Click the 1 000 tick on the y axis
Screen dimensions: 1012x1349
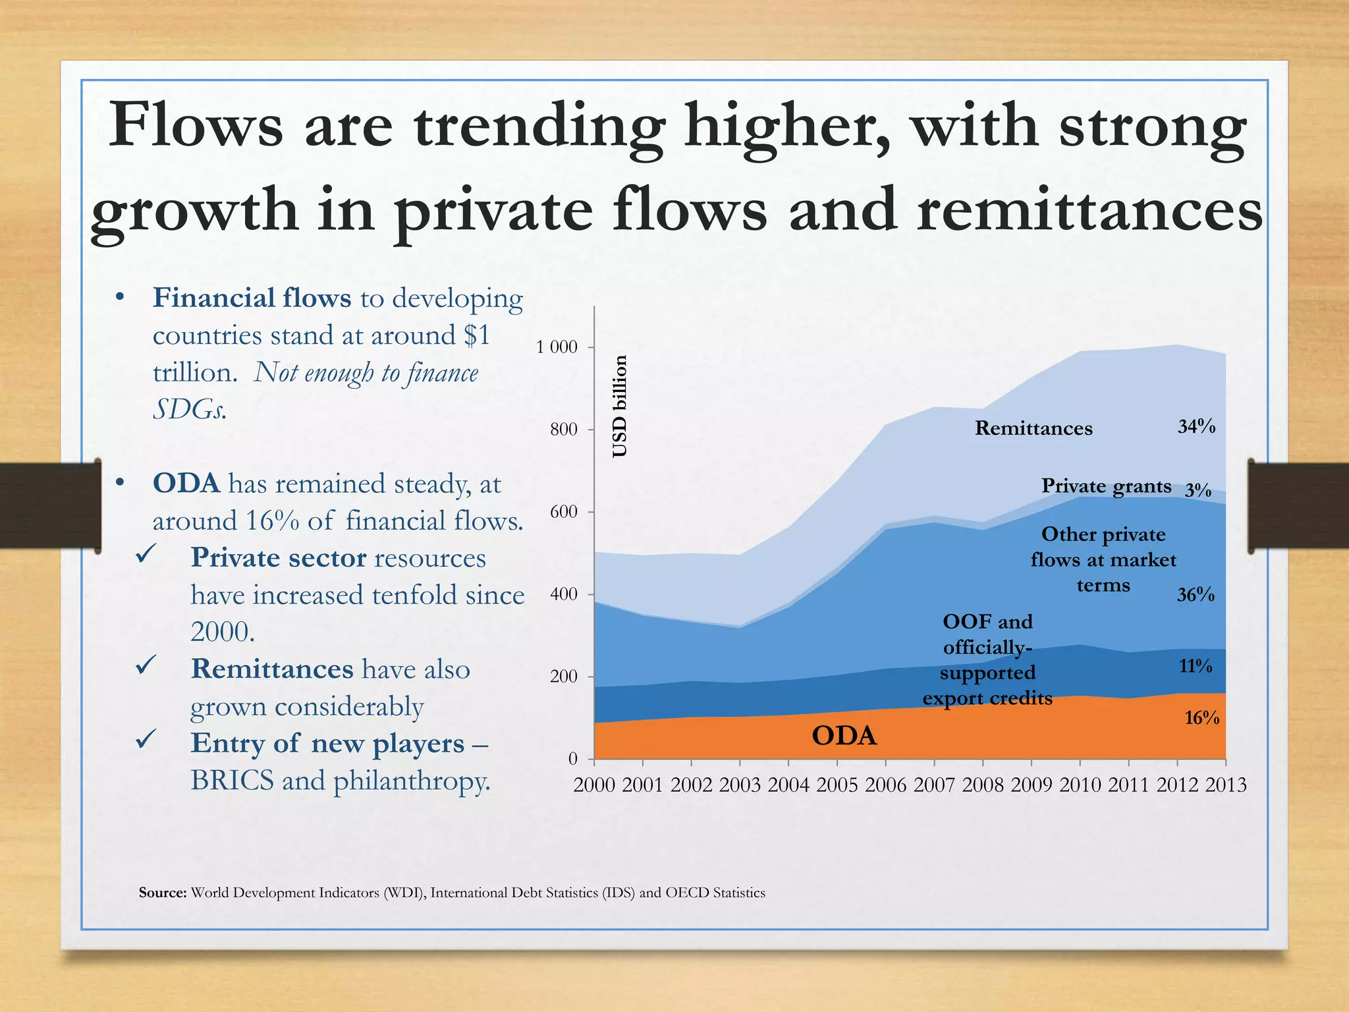[x=557, y=347]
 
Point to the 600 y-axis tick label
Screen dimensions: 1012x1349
[x=563, y=512]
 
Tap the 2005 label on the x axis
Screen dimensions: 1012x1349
[x=837, y=785]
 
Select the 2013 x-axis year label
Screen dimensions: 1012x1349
[x=1226, y=785]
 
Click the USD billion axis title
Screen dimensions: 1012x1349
[x=620, y=407]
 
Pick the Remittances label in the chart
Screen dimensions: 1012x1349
[x=1033, y=428]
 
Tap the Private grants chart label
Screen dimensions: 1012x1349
[x=1106, y=486]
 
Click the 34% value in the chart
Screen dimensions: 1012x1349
[x=1196, y=426]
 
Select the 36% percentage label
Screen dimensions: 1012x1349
[x=1196, y=595]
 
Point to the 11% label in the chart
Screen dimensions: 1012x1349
[x=1195, y=666]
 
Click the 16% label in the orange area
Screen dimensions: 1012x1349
[x=1201, y=717]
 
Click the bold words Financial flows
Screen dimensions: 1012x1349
[x=252, y=298]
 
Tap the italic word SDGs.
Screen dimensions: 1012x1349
[x=190, y=410]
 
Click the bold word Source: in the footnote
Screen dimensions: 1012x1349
[x=163, y=893]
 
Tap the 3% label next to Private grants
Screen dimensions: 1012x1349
[x=1198, y=490]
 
